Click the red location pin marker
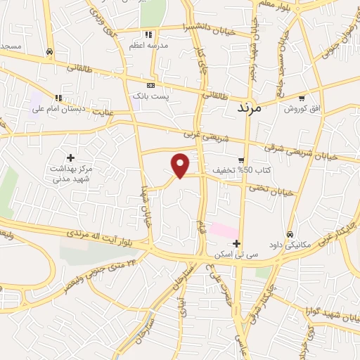coord(181,165)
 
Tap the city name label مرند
coord(250,108)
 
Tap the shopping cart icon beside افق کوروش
coord(302,98)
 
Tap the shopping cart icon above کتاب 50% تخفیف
coord(241,160)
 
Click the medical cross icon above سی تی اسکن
coord(237,244)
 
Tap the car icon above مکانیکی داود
coord(289,235)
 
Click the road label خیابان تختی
coord(271,188)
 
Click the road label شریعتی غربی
coord(198,134)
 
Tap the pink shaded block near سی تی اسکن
coord(224,230)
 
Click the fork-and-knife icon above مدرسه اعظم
coord(148,34)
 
